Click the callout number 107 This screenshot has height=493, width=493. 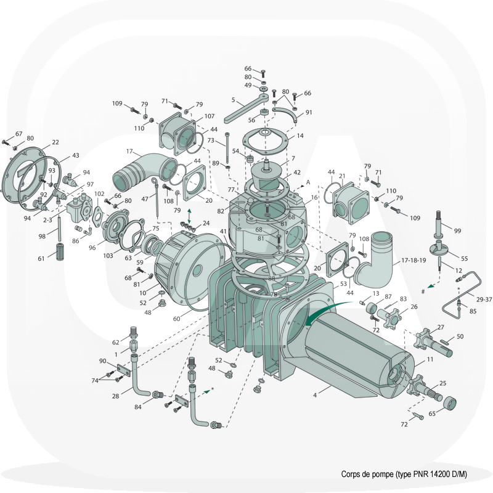pos(210,116)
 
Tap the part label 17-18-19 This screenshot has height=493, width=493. pos(414,261)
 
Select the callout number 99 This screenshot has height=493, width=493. pos(457,230)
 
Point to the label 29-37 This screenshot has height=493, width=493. pos(484,299)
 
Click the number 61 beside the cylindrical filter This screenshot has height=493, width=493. pos(41,259)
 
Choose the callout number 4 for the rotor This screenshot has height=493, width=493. pos(315,395)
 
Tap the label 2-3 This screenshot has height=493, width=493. pos(48,220)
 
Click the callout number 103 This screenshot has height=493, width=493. pos(108,256)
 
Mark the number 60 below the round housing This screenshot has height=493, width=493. pos(177,319)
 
